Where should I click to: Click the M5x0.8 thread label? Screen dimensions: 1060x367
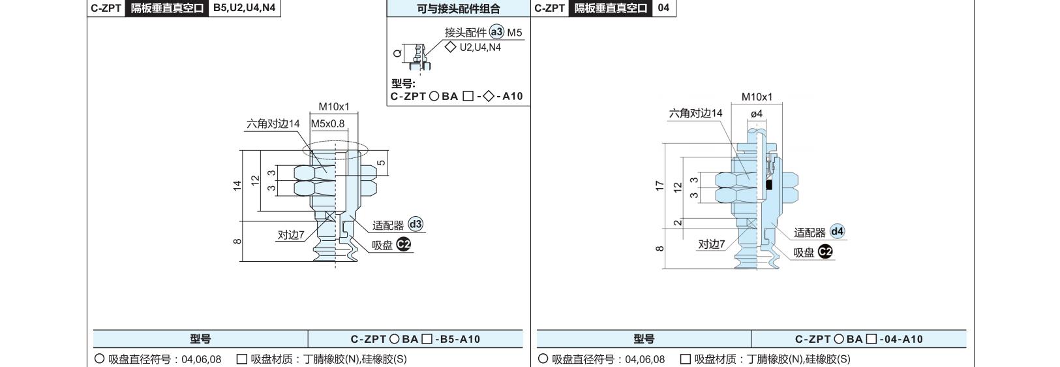point(327,123)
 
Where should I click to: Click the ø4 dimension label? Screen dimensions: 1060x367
point(757,114)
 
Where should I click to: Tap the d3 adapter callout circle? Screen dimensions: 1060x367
point(416,224)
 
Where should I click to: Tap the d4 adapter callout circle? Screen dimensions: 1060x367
point(837,231)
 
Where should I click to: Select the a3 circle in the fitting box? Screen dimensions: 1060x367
point(496,32)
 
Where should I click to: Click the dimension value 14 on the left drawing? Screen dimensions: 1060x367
point(237,185)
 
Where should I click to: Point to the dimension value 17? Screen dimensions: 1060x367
point(659,186)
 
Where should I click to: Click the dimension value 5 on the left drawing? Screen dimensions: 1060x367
point(381,163)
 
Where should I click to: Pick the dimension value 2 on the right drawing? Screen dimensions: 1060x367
point(678,222)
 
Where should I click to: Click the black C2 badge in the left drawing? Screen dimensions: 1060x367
point(403,244)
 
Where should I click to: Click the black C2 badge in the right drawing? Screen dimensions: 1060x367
point(825,251)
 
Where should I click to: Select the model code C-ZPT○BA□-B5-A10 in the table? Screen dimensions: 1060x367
point(415,339)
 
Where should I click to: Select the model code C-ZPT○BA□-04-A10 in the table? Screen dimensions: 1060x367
point(859,339)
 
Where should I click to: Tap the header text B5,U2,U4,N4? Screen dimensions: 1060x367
point(244,8)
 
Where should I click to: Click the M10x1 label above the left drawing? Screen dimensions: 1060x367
point(333,106)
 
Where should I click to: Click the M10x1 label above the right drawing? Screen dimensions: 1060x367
point(757,97)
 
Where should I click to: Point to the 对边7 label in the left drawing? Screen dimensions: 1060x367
point(290,235)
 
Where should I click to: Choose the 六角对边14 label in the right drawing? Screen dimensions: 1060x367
point(695,113)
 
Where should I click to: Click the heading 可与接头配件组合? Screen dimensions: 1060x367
point(458,8)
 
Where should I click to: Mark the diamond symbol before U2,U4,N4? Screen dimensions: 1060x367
point(451,47)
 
